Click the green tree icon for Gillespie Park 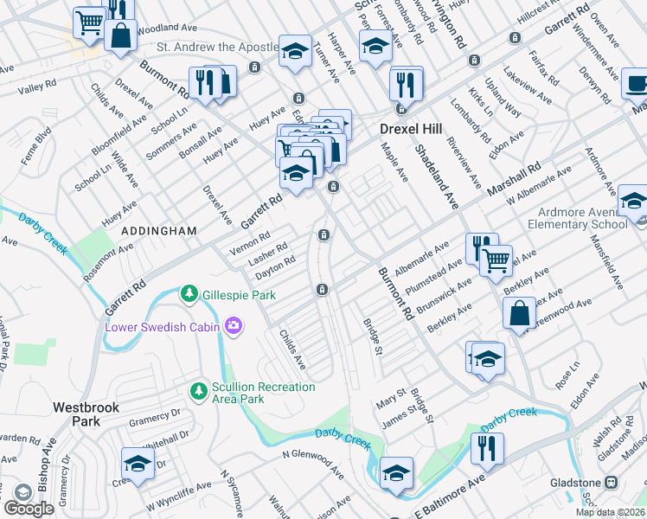(189, 295)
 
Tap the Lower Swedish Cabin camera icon (233, 326)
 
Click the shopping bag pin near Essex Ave (520, 314)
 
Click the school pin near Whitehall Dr (138, 464)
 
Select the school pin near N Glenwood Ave (397, 472)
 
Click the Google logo (29, 509)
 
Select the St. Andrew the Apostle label (215, 48)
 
